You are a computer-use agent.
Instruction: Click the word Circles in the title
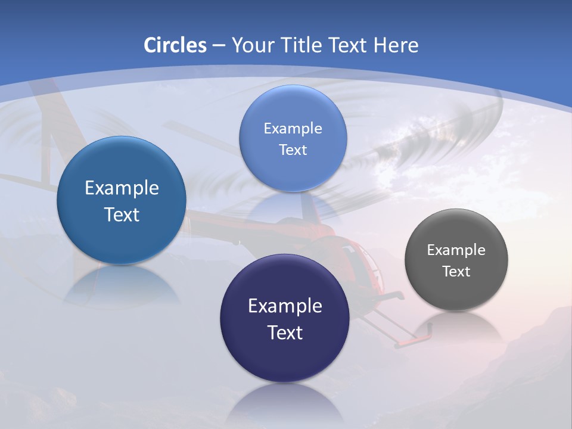pyautogui.click(x=175, y=45)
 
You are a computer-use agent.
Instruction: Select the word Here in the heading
pyautogui.click(x=396, y=45)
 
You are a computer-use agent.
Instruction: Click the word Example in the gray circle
pyautogui.click(x=456, y=250)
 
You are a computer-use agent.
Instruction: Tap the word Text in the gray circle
pyautogui.click(x=456, y=272)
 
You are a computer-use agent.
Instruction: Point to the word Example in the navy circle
pyautogui.click(x=285, y=306)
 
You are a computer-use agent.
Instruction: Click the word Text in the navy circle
pyautogui.click(x=285, y=332)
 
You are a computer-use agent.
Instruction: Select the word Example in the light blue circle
pyautogui.click(x=293, y=129)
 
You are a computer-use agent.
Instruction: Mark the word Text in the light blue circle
pyautogui.click(x=293, y=150)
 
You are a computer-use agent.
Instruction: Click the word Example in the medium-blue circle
pyautogui.click(x=122, y=188)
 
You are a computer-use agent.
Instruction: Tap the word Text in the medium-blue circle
pyautogui.click(x=122, y=214)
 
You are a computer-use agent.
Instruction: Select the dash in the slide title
pyautogui.click(x=219, y=46)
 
